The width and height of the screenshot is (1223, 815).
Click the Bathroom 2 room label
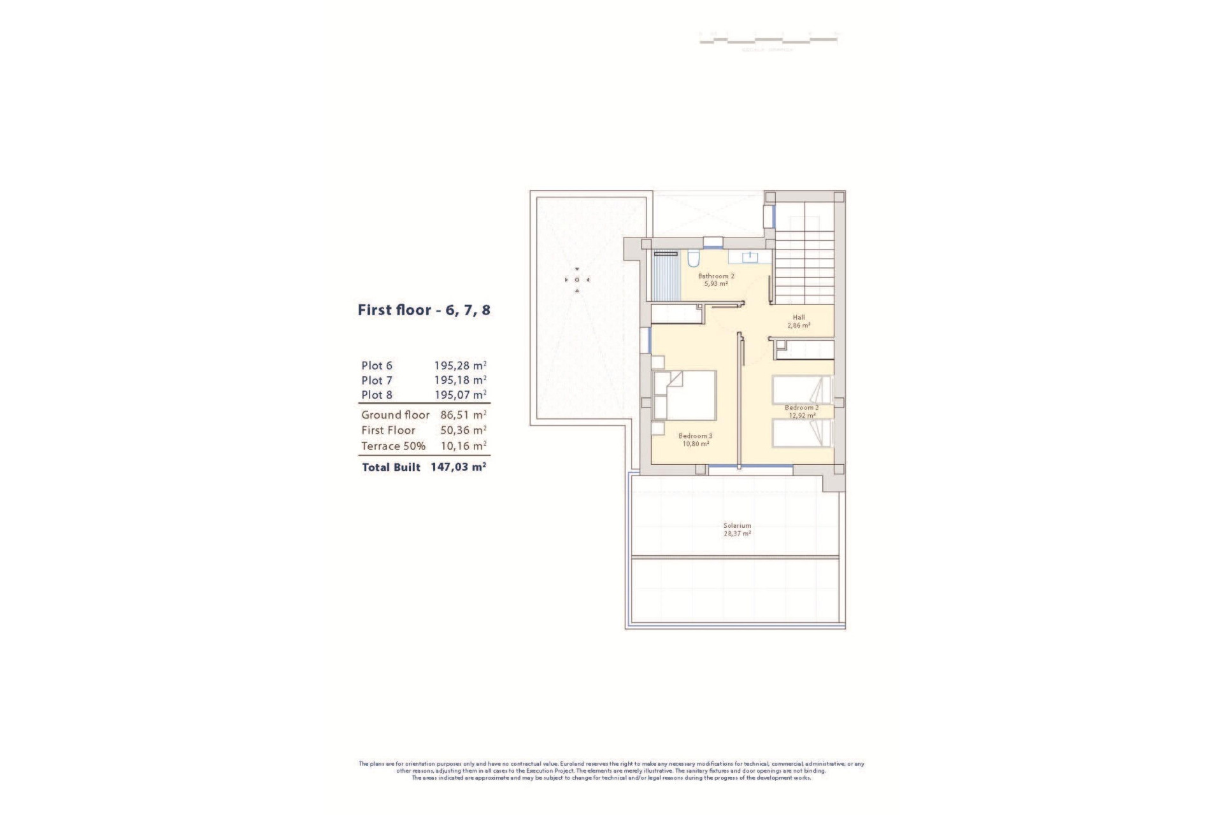coord(716,276)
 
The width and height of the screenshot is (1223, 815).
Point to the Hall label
coord(799,317)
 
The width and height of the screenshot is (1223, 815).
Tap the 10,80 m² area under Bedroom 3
coord(696,444)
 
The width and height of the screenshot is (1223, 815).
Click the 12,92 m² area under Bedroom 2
coord(802,415)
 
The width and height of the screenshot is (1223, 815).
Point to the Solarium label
coord(737,526)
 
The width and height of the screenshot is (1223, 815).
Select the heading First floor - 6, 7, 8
coord(424,311)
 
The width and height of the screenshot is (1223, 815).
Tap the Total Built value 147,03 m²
coord(459,467)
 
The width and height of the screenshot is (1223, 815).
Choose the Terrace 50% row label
coord(393,446)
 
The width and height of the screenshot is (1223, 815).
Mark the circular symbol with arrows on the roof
coord(577,280)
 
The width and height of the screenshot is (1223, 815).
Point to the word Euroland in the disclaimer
coord(573,763)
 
